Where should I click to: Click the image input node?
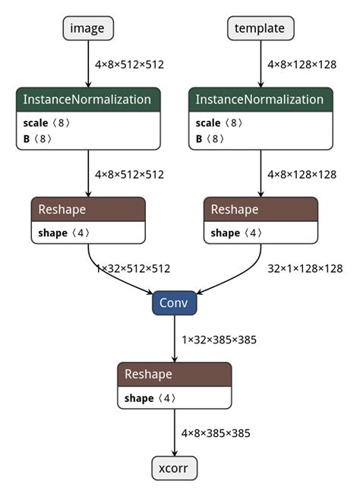pos(88,29)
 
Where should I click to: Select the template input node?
pos(261,29)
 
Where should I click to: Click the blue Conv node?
pos(175,303)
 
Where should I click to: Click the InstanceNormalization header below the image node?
pos(88,100)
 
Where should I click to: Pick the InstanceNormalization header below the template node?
pos(261,100)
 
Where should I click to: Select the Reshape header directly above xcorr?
pos(175,374)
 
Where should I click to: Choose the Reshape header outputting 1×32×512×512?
pos(88,209)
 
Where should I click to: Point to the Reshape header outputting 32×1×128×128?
pos(261,209)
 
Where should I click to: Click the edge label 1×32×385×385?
pos(219,339)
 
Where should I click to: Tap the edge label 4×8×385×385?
pos(215,432)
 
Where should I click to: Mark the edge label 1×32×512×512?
pos(132,268)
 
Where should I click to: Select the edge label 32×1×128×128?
pos(305,268)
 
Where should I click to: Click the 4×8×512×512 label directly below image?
pos(129,65)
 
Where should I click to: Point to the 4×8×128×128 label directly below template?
pos(302,65)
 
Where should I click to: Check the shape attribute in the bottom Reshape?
pos(141,397)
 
